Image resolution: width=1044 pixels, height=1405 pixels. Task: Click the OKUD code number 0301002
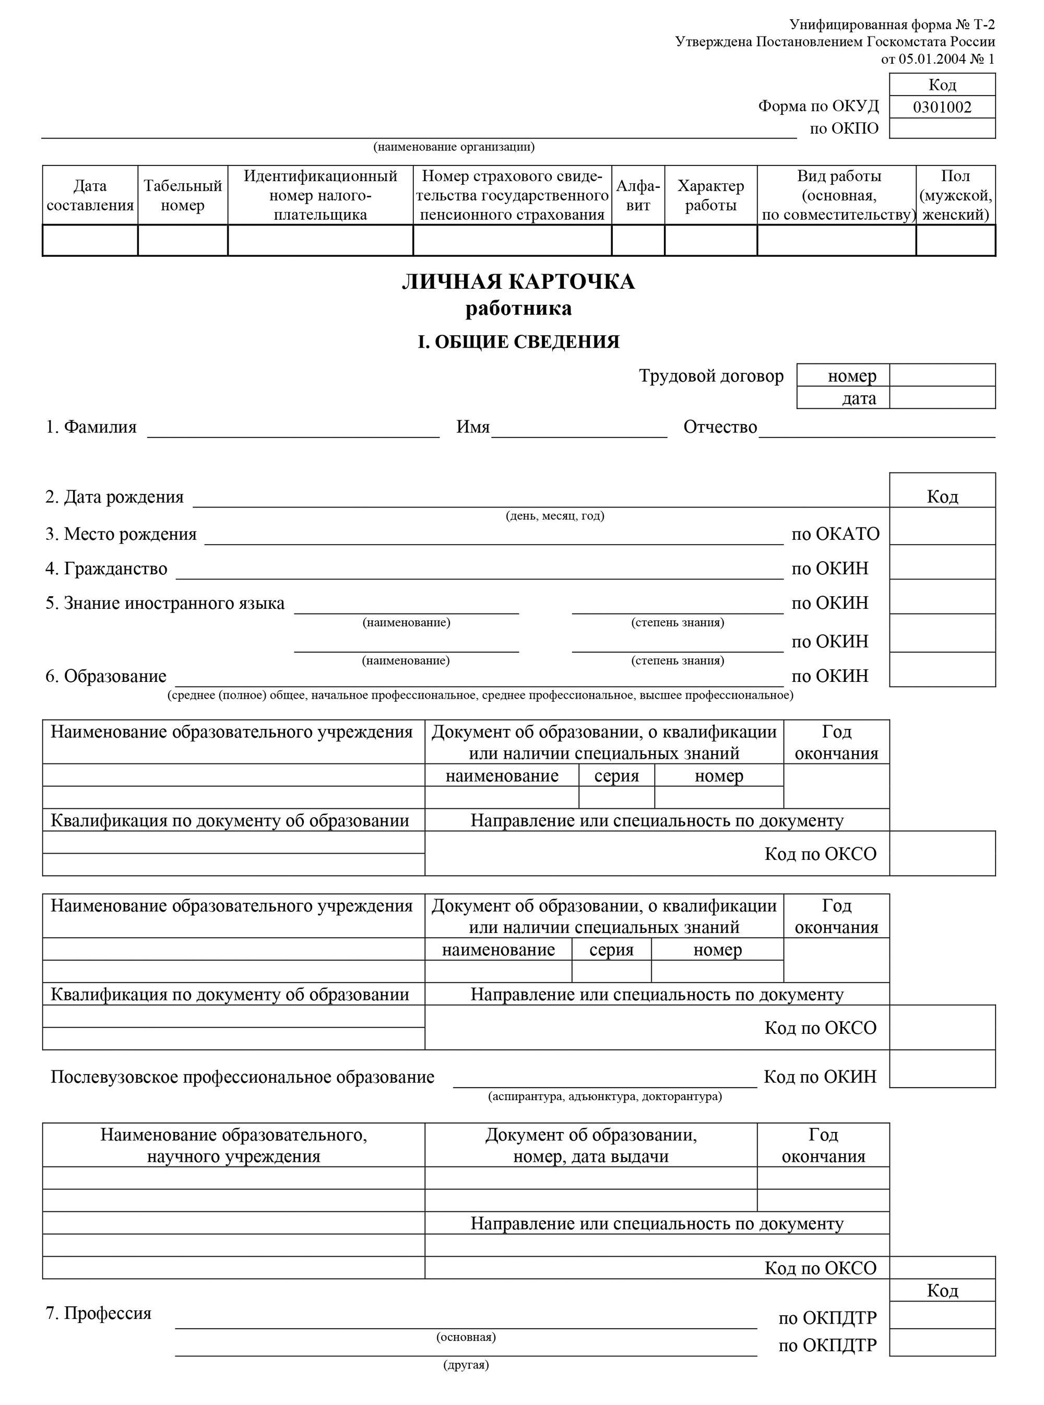942,107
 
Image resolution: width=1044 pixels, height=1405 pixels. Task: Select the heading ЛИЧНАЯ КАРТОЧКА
518,281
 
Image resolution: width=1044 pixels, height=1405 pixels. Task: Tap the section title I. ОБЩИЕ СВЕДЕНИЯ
518,342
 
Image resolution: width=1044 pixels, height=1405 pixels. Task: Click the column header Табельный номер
183,195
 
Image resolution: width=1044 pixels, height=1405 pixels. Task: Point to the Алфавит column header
638,195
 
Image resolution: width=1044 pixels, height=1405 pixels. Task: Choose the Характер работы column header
710,195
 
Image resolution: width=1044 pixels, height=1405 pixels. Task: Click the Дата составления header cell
90,195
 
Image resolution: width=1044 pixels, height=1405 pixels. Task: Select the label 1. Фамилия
91,427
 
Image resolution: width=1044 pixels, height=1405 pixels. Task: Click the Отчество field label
720,427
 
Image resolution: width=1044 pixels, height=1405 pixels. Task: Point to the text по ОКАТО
835,534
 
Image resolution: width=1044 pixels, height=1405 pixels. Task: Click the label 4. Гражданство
106,569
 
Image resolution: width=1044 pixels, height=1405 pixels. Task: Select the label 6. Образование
105,676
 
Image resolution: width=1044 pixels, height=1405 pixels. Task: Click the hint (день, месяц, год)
555,516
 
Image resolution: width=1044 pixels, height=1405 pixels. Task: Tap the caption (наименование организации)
454,147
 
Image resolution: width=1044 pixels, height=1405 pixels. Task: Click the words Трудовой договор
711,376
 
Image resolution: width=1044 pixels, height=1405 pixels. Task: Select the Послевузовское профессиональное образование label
243,1077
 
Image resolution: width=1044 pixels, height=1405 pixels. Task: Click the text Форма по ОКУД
818,106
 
